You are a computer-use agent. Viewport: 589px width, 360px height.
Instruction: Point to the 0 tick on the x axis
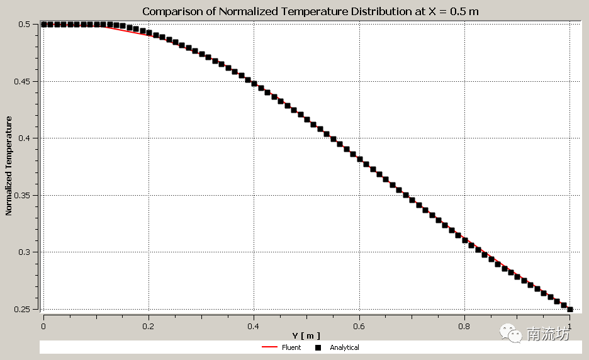pyautogui.click(x=43, y=326)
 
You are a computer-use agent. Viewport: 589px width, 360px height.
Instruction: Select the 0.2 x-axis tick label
pyautogui.click(x=149, y=326)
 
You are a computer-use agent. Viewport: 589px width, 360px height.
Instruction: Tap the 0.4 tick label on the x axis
pyautogui.click(x=254, y=326)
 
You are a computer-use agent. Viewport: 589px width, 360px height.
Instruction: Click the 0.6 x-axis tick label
pyautogui.click(x=359, y=326)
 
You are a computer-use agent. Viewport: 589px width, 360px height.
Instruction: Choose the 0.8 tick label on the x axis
pyautogui.click(x=464, y=326)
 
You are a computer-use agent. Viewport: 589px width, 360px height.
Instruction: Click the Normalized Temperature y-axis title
pyautogui.click(x=9, y=166)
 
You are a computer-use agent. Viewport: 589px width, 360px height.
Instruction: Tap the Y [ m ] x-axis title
pyautogui.click(x=306, y=335)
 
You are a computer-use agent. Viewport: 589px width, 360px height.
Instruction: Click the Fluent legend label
pyautogui.click(x=291, y=347)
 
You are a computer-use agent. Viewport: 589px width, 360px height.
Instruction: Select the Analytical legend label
pyautogui.click(x=344, y=347)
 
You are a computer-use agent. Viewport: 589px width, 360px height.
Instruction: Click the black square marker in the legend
pyautogui.click(x=318, y=347)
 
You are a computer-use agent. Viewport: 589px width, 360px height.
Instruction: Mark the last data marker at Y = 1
pyautogui.click(x=570, y=309)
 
